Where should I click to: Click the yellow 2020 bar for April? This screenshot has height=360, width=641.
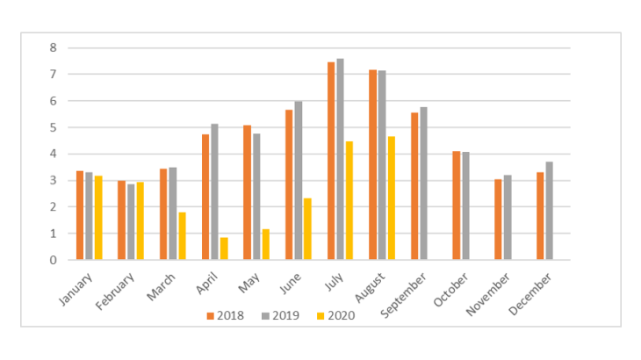[x=224, y=248]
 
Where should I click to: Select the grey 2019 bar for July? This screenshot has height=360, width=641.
[x=340, y=159]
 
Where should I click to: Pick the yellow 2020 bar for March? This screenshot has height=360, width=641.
[x=182, y=236]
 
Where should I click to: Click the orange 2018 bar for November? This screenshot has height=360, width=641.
[x=499, y=220]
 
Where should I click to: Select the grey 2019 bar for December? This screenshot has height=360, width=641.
[x=549, y=211]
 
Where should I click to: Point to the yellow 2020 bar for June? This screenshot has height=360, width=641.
[x=307, y=229]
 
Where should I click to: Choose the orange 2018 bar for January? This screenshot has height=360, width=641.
[x=80, y=215]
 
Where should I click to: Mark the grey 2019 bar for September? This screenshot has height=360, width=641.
[x=423, y=184]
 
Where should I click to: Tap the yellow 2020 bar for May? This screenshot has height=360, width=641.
[x=265, y=244]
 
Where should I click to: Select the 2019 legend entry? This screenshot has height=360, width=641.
[x=279, y=313]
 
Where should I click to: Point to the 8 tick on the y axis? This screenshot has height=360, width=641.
[x=54, y=47]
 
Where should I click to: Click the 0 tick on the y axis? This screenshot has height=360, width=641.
[x=54, y=260]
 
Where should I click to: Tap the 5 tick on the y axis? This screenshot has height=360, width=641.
[x=54, y=127]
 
